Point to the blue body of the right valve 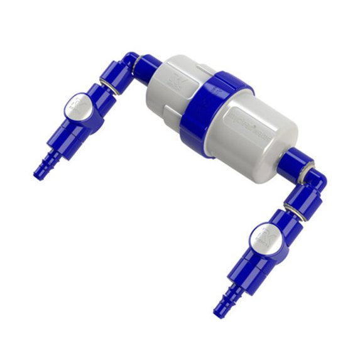(x=258, y=258)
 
